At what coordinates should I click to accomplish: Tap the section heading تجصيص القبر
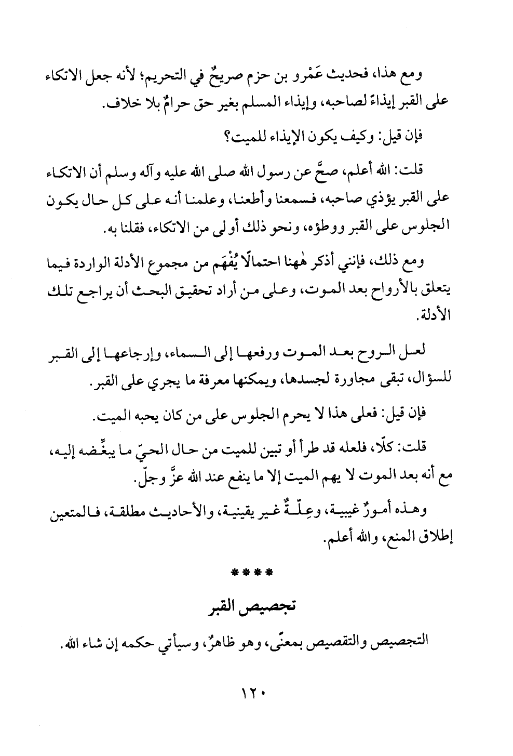[x=256, y=606]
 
